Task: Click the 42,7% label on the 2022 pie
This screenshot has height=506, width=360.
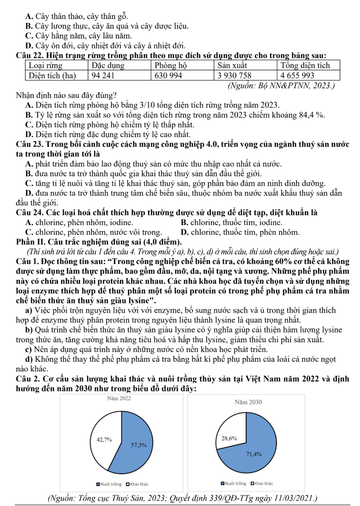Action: (104, 439)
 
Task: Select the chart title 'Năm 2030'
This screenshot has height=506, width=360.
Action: (249, 402)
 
